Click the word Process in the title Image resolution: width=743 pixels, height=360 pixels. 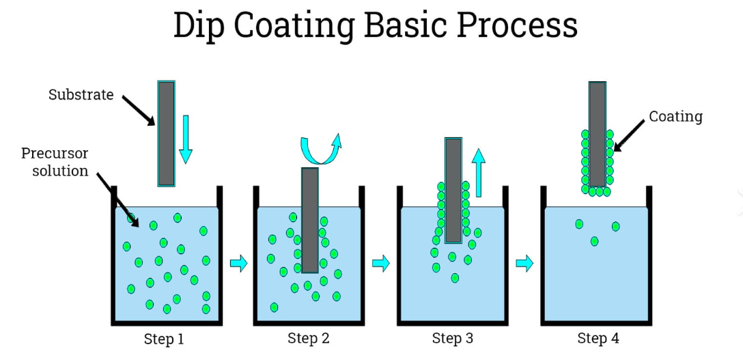[x=517, y=26]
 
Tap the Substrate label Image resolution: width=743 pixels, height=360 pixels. [x=81, y=95]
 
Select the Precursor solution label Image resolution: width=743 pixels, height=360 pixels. [x=55, y=162]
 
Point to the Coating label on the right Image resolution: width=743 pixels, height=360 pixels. [x=675, y=117]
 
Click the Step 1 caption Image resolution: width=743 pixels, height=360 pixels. [x=164, y=339]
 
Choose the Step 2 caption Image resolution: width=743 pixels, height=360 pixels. [x=308, y=338]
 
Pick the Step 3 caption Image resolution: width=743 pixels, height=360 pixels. [x=452, y=338]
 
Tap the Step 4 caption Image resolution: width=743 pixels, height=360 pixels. [x=598, y=338]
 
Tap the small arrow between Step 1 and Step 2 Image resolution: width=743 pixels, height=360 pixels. [x=238, y=263]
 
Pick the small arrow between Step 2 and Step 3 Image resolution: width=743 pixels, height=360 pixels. [x=381, y=263]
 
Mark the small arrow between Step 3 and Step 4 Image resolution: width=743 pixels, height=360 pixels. [x=524, y=263]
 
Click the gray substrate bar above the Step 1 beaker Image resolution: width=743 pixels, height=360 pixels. [x=166, y=133]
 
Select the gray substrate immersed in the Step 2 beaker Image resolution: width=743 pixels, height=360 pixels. [x=310, y=219]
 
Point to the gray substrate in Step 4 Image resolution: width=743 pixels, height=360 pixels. [x=598, y=133]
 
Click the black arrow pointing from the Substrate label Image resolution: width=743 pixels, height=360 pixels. [x=139, y=110]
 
